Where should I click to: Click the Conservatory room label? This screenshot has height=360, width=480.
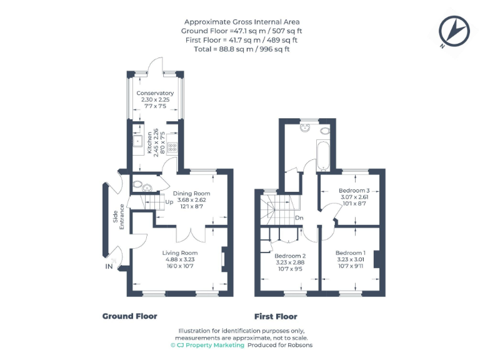[x=155, y=93]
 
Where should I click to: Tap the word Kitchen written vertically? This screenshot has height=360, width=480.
[x=149, y=142]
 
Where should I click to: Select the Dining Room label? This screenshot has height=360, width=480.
[x=191, y=194]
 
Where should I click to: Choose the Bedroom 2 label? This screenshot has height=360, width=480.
[x=290, y=256]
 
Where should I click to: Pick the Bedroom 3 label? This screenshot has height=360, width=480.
[x=354, y=191]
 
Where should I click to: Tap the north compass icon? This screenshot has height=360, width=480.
[x=454, y=31]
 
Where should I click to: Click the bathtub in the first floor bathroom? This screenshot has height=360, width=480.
[x=323, y=156]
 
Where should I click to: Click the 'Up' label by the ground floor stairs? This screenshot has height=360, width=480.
[x=169, y=202]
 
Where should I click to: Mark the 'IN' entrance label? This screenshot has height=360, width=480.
[x=109, y=267]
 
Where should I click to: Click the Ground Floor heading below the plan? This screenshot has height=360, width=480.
[x=129, y=316]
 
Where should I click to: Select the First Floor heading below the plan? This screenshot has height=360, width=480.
[x=276, y=316]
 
